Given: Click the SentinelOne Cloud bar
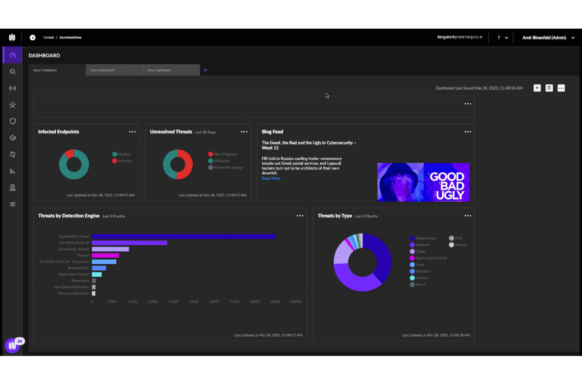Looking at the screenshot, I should click(x=184, y=237).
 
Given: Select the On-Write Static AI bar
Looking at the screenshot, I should click(x=129, y=243).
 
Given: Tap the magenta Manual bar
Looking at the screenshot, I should click(x=105, y=256).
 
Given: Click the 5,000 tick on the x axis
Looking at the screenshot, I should click(x=193, y=302).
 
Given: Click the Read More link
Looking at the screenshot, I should click(x=271, y=178).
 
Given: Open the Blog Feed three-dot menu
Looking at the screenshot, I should click(x=468, y=132).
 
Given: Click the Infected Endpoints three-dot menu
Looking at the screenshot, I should click(x=132, y=132).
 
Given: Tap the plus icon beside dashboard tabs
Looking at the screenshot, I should click(x=205, y=70).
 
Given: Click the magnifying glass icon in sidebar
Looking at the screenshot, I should click(x=13, y=72).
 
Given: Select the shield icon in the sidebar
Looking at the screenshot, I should click(x=13, y=121).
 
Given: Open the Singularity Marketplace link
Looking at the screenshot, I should click(x=459, y=37).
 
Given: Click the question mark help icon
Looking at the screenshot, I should click(x=499, y=38).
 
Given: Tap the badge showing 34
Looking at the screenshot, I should click(x=20, y=341).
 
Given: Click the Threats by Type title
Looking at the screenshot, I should click(x=335, y=216).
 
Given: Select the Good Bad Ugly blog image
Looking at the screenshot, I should click(x=423, y=182).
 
